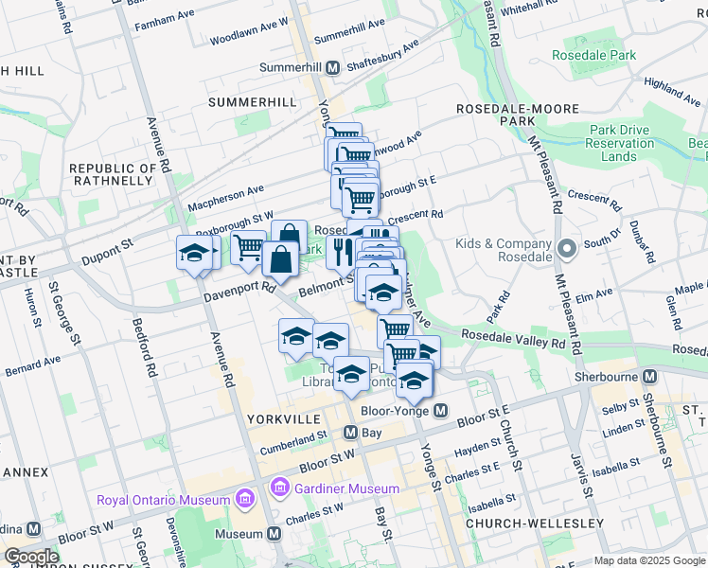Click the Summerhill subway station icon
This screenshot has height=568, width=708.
point(333,68)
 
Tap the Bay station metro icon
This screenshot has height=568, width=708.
point(349,433)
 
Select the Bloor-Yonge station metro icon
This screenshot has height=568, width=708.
point(440,411)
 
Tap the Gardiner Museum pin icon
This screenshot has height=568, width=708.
point(279,488)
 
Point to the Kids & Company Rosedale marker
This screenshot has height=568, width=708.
point(567,250)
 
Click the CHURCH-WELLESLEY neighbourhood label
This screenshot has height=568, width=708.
point(535,524)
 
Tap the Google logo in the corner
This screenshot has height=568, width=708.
point(30,557)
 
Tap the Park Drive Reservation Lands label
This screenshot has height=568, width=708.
point(620,143)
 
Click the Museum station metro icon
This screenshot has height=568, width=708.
point(274,534)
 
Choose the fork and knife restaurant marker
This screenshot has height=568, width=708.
point(341,251)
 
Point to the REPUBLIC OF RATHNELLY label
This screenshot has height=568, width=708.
point(112,174)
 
